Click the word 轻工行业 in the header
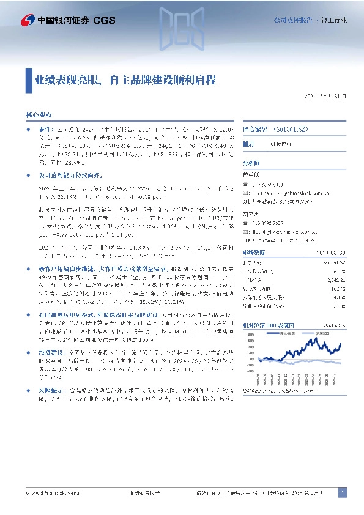tap(334, 20)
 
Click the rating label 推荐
tap(250, 144)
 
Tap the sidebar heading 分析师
tap(252, 164)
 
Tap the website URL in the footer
tap(55, 493)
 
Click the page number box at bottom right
tap(343, 493)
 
